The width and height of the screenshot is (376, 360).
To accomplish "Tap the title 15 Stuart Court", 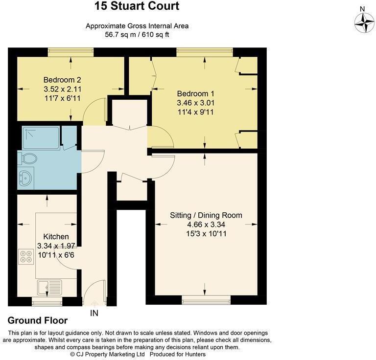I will coord(137,6).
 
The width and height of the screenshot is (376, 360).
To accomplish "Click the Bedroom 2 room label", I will coord(62,80).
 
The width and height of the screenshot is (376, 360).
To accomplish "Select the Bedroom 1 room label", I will coord(196,94).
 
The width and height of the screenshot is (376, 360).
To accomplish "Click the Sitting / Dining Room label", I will coord(206,215).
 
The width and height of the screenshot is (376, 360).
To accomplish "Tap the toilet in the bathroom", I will coord(28,158).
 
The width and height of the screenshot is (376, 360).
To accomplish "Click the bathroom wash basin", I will coord(25,178).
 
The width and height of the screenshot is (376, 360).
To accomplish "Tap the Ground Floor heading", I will coord(38,321).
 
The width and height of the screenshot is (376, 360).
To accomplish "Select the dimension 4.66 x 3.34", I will coord(206,225).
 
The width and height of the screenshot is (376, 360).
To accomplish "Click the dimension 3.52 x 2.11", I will coord(62,90).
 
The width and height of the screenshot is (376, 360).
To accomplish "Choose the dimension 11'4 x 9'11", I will coord(196,112).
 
